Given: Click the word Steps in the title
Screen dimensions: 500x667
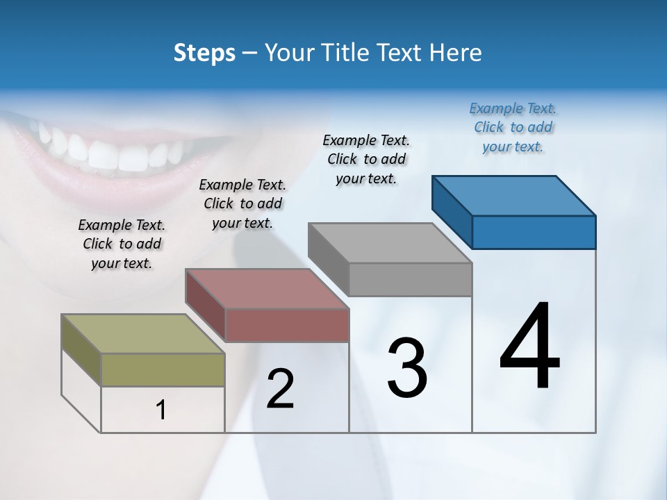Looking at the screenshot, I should pyautogui.click(x=204, y=53).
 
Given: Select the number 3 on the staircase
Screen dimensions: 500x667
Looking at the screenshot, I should pyautogui.click(x=407, y=367).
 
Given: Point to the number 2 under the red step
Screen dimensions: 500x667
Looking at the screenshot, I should pyautogui.click(x=280, y=389).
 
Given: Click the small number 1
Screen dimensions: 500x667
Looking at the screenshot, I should pyautogui.click(x=161, y=410).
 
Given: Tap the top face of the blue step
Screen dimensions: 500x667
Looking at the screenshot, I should pyautogui.click(x=513, y=195).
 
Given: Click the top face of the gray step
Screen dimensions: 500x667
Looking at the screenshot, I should pyautogui.click(x=390, y=243).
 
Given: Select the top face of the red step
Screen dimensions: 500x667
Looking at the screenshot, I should pyautogui.click(x=267, y=289).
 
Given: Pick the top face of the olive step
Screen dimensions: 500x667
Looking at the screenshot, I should pyautogui.click(x=143, y=334).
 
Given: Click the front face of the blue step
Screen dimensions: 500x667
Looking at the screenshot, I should pyautogui.click(x=534, y=232).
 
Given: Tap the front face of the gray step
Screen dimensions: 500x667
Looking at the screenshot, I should pyautogui.click(x=410, y=279).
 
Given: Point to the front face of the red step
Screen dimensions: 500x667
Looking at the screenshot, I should pyautogui.click(x=287, y=325).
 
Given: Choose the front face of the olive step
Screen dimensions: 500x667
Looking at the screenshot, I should pyautogui.click(x=163, y=369).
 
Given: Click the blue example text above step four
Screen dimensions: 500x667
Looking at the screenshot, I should pyautogui.click(x=513, y=127).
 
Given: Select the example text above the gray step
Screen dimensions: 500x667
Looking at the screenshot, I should pyautogui.click(x=366, y=159).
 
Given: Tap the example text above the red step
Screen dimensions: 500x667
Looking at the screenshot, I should pyautogui.click(x=242, y=203).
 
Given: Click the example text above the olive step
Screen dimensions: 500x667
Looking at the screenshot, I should pyautogui.click(x=122, y=244).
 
